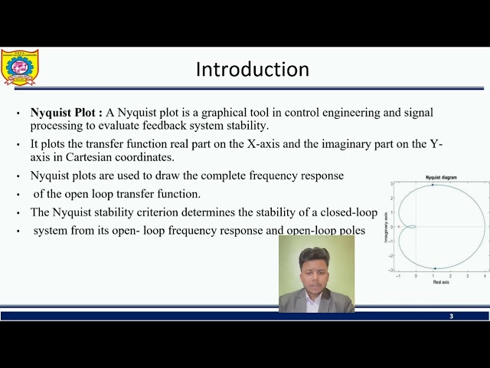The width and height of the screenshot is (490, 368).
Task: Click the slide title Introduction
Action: [x=252, y=70]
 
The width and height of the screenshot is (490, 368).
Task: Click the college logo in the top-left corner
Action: [x=19, y=67]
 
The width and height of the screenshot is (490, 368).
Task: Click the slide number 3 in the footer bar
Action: [x=451, y=316]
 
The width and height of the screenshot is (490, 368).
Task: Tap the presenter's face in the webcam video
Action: [x=314, y=264]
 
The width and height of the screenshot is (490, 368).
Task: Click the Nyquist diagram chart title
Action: [x=441, y=177]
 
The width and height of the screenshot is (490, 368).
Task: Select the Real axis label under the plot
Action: [x=441, y=282]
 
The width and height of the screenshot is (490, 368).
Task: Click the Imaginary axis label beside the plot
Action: [x=385, y=227]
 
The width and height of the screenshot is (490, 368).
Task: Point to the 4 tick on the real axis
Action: [x=485, y=275]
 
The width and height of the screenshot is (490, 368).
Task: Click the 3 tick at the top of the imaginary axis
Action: [x=391, y=184]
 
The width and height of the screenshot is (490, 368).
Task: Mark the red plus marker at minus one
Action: [x=398, y=227]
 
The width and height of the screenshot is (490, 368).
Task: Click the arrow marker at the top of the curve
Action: [x=433, y=185]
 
